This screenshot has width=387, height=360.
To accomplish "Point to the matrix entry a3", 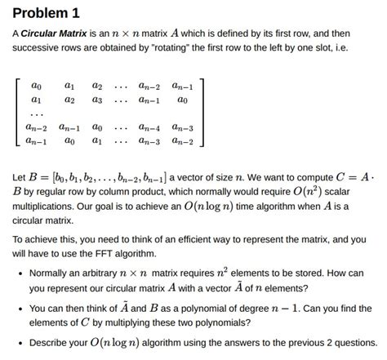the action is coord(98,100).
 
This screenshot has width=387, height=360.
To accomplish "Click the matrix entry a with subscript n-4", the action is coord(149,127).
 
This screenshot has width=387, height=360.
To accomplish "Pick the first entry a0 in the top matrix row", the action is coord(36,86).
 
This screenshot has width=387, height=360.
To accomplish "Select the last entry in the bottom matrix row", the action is coord(183,141).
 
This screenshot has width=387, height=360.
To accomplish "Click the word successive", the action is coord(37,49).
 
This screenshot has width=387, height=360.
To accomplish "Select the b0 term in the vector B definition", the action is coord(60,176).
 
